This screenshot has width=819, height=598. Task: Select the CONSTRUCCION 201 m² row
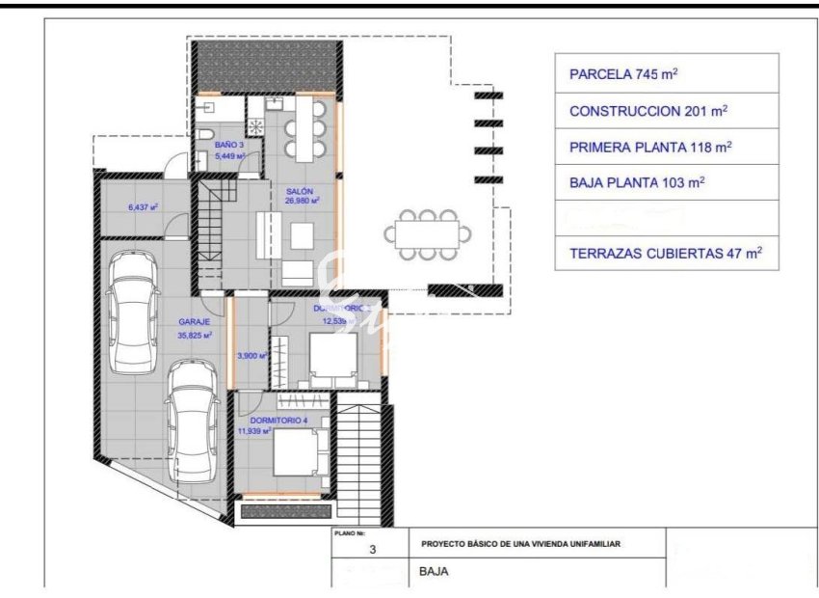(648, 111)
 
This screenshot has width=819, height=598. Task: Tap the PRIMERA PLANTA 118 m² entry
(650, 148)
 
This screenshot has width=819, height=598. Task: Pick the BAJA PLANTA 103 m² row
(637, 183)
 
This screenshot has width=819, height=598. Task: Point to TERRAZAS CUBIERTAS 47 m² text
(666, 254)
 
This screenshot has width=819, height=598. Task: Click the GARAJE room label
(194, 323)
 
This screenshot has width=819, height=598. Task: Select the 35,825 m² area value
(195, 336)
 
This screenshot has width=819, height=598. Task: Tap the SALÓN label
(300, 191)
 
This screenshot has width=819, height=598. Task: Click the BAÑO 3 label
(228, 144)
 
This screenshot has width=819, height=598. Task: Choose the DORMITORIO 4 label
(277, 420)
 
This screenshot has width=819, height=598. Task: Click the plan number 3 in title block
(372, 551)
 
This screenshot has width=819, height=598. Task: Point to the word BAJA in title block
(435, 571)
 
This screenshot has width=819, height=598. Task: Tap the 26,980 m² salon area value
(302, 202)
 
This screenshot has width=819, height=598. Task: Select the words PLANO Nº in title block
(349, 532)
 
